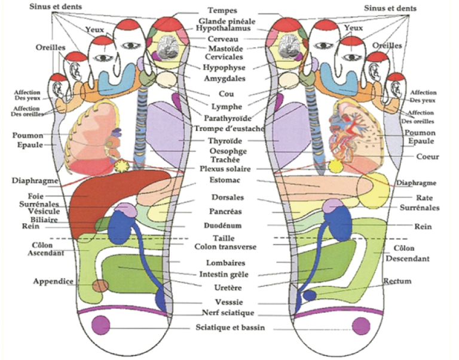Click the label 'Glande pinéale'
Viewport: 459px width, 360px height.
click(227, 21)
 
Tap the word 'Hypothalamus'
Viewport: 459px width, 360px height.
click(223, 29)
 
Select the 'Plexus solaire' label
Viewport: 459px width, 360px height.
click(225, 169)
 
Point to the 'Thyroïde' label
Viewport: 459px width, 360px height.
click(225, 141)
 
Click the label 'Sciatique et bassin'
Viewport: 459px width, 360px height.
click(230, 327)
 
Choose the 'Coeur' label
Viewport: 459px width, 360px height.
click(428, 156)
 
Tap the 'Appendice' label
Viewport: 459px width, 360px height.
click(53, 281)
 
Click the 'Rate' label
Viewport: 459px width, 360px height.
click(424, 198)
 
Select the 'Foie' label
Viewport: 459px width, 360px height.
click(36, 196)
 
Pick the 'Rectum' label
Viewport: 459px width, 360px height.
click(397, 281)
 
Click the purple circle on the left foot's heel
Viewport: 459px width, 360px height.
click(100, 325)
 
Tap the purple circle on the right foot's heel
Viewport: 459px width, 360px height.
click(361, 326)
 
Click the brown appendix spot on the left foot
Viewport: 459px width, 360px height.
click(100, 286)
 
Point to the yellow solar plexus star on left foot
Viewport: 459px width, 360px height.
click(121, 166)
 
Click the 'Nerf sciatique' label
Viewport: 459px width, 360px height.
click(228, 313)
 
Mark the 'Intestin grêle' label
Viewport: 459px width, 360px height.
click(224, 274)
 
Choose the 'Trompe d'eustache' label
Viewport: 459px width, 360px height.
click(229, 129)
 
